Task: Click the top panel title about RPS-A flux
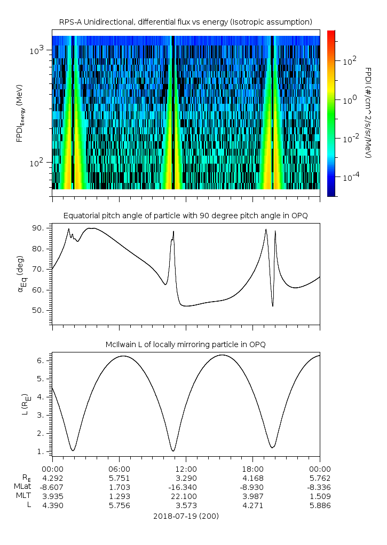185,21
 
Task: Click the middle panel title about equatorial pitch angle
185,216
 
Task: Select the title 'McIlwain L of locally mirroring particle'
185,344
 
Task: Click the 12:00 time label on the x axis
185,468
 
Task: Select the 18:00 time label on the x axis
252,468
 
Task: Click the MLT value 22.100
185,496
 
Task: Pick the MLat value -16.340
185,487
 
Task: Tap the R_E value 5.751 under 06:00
119,478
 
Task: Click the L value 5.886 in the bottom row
319,505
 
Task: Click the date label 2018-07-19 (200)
185,516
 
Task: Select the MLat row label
22,487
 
